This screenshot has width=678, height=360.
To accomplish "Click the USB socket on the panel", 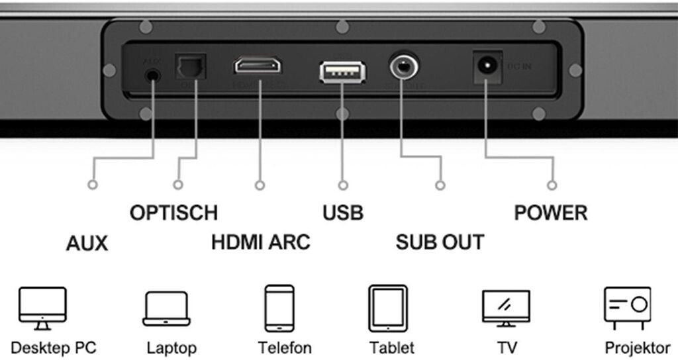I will tap(342, 71).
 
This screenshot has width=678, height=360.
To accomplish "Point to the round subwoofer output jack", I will tap(402, 67).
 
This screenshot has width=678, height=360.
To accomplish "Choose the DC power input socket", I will tap(487, 67).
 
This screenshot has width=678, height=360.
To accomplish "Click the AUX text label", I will tap(87, 244).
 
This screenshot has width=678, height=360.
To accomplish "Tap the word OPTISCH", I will tap(173, 213).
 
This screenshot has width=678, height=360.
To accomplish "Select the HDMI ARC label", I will tap(260, 242).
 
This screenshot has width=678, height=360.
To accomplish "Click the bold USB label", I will tap(343, 213).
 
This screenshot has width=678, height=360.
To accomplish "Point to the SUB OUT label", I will tap(440, 242).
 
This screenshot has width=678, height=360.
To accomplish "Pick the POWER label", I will tap(551, 213).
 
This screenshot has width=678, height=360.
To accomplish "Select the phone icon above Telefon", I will tap(279, 308).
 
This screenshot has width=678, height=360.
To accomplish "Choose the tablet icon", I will tap(387, 308).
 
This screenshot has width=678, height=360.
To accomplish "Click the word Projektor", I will tap(638, 347).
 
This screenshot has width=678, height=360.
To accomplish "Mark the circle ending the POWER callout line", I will tap(553, 185).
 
